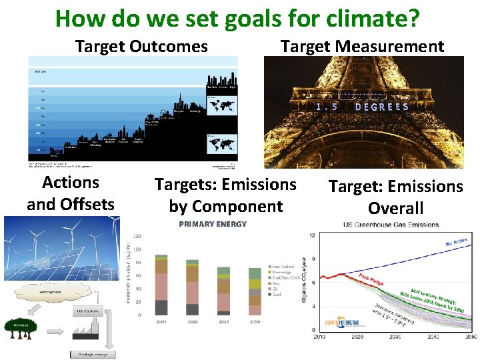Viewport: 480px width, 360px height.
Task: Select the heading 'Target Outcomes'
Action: point(141,47)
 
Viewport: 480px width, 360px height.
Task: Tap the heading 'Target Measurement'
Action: point(362,47)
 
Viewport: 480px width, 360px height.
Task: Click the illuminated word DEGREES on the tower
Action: point(382,107)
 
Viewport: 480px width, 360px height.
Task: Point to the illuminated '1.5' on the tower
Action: point(326,107)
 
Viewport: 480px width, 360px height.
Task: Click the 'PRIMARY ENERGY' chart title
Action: point(213,224)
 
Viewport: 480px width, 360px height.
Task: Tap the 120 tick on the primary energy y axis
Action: point(137,236)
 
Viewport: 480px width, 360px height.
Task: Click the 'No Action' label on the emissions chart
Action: point(456,242)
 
